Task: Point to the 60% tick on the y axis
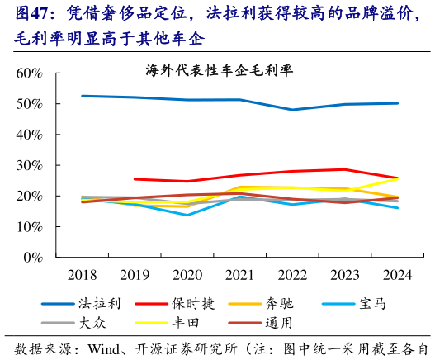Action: pyautogui.click(x=29, y=73)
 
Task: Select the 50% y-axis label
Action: pyautogui.click(x=29, y=104)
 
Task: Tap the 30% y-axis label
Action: pyautogui.click(x=29, y=165)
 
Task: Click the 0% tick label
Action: pyautogui.click(x=32, y=258)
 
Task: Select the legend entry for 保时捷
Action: pyautogui.click(x=196, y=304)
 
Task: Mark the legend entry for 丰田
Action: pyautogui.click(x=190, y=324)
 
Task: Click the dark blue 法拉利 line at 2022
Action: pyautogui.click(x=292, y=110)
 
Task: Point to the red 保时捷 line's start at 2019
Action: pyautogui.click(x=135, y=179)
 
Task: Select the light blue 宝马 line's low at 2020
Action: pyautogui.click(x=187, y=215)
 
